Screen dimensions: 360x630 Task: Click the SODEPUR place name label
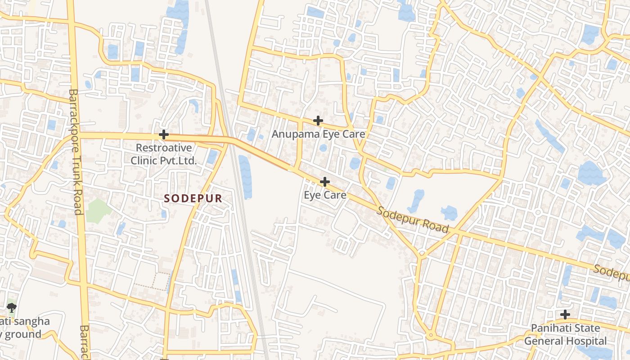click(x=193, y=198)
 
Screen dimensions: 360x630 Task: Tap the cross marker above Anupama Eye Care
click(x=318, y=121)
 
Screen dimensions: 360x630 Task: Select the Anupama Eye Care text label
click(x=318, y=134)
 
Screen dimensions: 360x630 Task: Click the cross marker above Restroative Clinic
click(x=164, y=135)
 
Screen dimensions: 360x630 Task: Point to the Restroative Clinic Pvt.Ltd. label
click(x=164, y=154)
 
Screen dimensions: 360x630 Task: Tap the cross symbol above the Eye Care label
click(x=324, y=182)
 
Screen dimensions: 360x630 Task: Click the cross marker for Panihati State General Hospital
click(x=565, y=315)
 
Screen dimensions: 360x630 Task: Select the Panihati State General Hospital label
click(x=565, y=334)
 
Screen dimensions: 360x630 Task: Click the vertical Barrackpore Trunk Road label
click(x=75, y=152)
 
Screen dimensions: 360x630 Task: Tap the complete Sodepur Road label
click(x=413, y=220)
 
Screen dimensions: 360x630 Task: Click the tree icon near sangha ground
click(x=11, y=308)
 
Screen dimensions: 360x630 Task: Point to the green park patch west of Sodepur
click(x=98, y=211)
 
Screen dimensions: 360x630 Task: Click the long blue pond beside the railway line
click(x=245, y=177)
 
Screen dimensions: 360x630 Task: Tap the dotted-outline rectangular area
click(x=151, y=281)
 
